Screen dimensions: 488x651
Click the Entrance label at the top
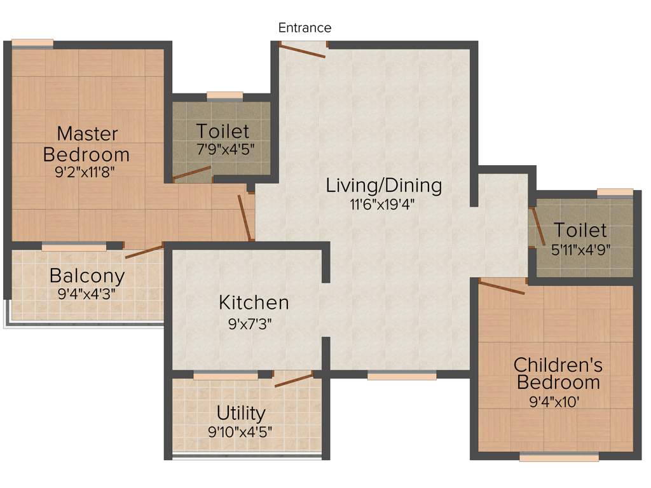pos(305,28)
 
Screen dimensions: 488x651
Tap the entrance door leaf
pos(303,51)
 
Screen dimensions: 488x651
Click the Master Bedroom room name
pos(87,144)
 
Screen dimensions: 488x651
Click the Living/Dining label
pos(383,186)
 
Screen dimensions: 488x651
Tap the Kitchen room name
pos(254,302)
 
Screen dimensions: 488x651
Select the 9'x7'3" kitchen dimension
pos(254,323)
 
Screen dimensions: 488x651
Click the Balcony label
pos(87,276)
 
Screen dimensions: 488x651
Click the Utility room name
pos(241,413)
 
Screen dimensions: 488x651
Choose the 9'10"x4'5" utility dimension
pos(241,432)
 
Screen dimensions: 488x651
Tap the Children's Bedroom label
pos(558,374)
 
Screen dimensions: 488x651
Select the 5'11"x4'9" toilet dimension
pos(581,249)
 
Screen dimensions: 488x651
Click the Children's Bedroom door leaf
pos(502,287)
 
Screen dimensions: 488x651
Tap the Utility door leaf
pos(294,380)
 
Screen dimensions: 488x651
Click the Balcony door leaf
pos(144,250)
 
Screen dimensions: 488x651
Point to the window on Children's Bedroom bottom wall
pos(559,456)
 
